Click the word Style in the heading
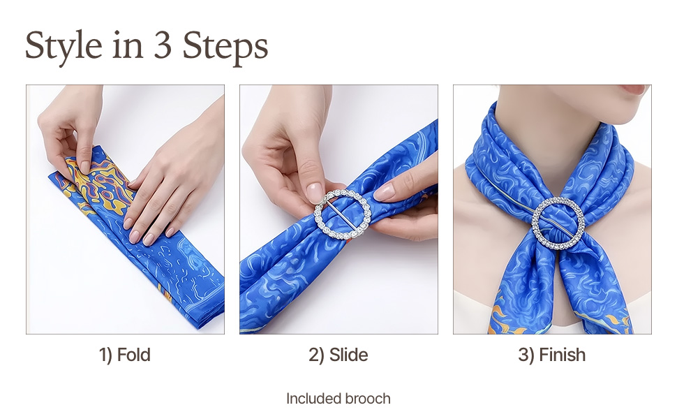coord(64,46)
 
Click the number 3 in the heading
coord(163,45)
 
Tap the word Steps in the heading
coord(225,46)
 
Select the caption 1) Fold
coord(125,355)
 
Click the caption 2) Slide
coord(338,355)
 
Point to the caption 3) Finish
coord(552,355)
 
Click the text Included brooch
coord(338,398)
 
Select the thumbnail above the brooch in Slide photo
coord(314,193)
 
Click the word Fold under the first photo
coord(134,355)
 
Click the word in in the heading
coord(128,45)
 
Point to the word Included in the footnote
coord(314,398)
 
